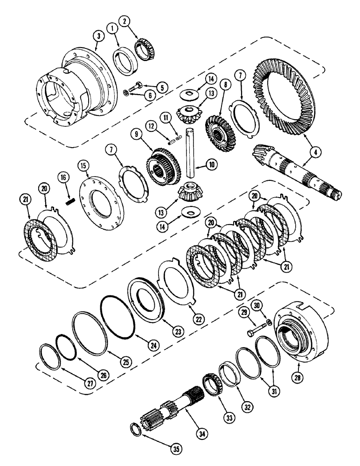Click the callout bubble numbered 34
point(202,433)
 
